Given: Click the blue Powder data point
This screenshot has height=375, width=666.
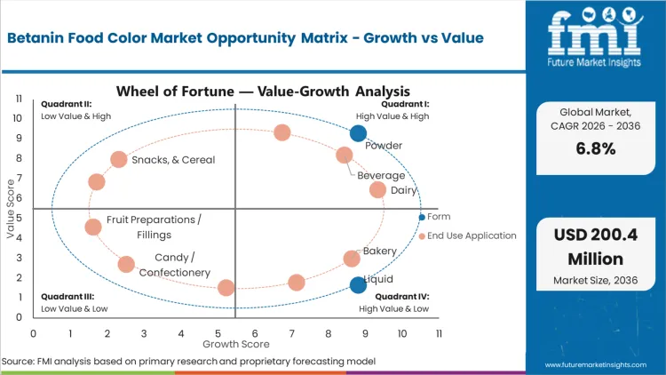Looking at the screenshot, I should [358, 133].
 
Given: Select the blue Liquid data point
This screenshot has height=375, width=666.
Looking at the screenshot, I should [358, 284].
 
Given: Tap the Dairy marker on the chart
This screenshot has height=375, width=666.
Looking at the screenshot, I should [377, 189].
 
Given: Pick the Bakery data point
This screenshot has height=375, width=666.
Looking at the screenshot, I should [352, 259].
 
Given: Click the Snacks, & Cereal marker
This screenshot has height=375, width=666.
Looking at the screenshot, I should [119, 159].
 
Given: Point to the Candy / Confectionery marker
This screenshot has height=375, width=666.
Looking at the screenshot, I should [126, 264].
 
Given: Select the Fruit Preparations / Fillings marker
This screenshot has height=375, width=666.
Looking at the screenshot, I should [93, 227].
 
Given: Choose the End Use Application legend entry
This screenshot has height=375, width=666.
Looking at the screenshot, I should [471, 235].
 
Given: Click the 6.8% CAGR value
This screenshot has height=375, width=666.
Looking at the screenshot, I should [596, 149].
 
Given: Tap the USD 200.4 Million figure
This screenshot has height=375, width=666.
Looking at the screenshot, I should [596, 246].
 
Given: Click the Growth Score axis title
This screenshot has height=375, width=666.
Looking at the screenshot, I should [235, 343].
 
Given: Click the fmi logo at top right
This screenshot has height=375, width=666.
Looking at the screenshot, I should [595, 41].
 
